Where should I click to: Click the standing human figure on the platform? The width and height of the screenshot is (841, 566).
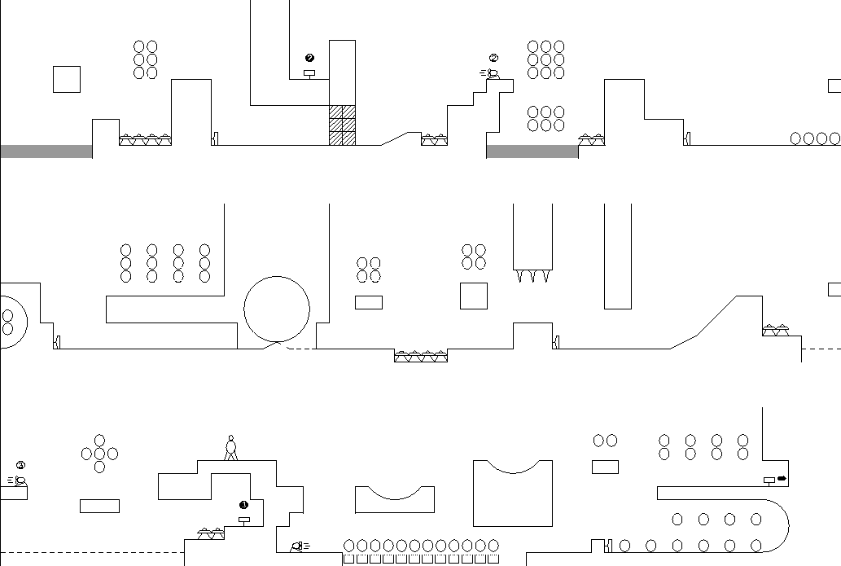[x=231, y=448]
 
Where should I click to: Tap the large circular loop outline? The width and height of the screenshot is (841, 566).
[x=277, y=309]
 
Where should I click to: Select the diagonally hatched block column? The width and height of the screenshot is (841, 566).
[x=342, y=125]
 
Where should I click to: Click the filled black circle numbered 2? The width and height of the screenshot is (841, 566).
[x=309, y=58]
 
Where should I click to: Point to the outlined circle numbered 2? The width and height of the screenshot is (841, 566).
[x=493, y=58]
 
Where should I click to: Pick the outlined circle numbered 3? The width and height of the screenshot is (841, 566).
[x=20, y=466]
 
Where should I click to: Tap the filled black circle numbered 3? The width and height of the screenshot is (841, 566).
[x=243, y=504]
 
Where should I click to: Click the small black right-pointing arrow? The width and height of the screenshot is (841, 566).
[x=782, y=478]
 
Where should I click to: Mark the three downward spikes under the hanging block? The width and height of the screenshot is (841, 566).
[x=532, y=275]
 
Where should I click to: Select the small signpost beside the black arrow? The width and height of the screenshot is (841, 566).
[x=769, y=480]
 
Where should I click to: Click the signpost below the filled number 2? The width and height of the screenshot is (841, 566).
[x=309, y=74]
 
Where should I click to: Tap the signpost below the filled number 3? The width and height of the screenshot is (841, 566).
[x=243, y=520]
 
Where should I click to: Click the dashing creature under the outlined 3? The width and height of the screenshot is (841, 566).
[x=18, y=480]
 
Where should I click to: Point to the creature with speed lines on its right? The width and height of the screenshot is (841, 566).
[x=299, y=546]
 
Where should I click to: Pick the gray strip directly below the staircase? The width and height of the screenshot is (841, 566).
[x=532, y=151]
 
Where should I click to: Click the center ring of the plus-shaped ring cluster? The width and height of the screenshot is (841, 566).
[x=99, y=454]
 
